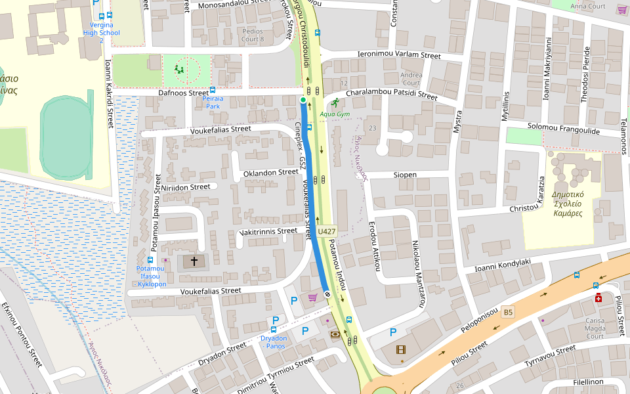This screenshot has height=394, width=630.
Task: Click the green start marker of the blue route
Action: click(303, 100)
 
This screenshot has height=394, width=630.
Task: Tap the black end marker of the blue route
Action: click(327, 294)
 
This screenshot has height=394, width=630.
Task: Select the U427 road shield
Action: click(326, 231)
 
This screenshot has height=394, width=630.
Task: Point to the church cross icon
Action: click(194, 261)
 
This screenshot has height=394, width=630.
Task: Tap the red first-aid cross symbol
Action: click(598, 298)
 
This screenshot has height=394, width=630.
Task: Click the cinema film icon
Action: click(400, 349)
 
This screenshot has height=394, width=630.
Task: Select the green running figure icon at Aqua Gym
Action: click(335, 102)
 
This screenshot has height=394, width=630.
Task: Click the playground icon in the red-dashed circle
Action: click(180, 69)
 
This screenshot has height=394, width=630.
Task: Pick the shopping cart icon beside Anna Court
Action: click(621, 10)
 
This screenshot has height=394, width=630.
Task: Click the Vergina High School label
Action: click(101, 32)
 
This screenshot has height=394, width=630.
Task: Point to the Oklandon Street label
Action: click(270, 172)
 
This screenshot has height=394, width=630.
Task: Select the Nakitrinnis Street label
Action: click(268, 231)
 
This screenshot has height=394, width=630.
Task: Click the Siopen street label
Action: click(405, 175)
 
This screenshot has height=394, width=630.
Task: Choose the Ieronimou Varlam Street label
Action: click(398, 56)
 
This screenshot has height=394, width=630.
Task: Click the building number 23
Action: click(373, 127)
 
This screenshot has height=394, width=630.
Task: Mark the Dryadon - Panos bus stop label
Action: click(274, 341)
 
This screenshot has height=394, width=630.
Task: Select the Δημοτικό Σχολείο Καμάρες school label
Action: click(568, 204)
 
